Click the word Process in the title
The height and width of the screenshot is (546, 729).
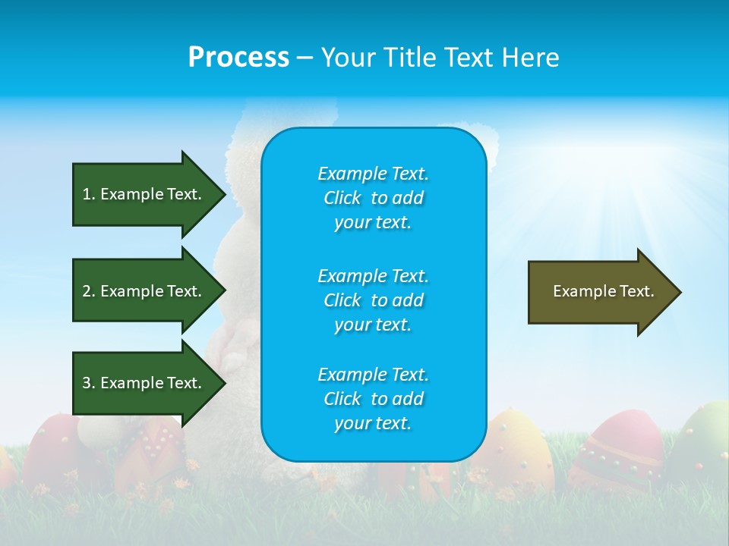238,57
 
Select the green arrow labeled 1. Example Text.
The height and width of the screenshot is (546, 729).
144,194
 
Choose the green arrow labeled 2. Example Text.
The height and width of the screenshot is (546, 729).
144,291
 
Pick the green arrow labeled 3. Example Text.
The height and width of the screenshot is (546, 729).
144,383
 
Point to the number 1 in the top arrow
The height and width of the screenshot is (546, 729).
87,194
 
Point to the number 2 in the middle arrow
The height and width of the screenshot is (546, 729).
87,291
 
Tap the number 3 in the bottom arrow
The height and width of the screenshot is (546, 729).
87,383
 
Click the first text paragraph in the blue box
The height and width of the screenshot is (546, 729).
373,198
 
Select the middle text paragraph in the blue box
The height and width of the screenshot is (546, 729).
373,300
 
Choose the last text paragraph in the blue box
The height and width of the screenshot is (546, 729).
373,399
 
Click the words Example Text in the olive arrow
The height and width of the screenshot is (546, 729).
603,291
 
